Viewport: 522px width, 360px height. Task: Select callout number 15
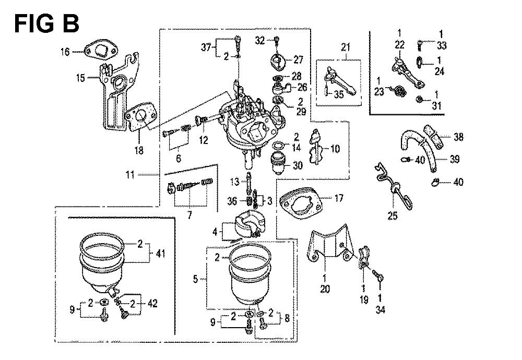tap(80, 78)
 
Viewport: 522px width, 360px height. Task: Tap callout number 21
tap(345, 48)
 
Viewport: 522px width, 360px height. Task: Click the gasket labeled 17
tap(298, 201)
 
